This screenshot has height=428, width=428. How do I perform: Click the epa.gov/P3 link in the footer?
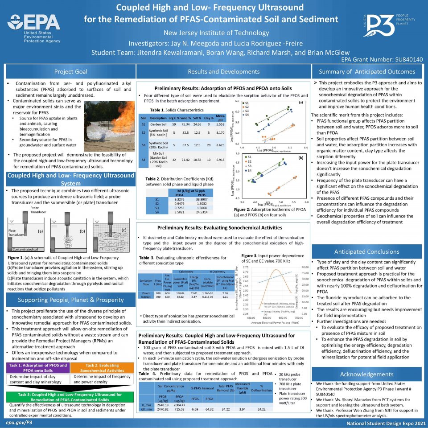[19, 421]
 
